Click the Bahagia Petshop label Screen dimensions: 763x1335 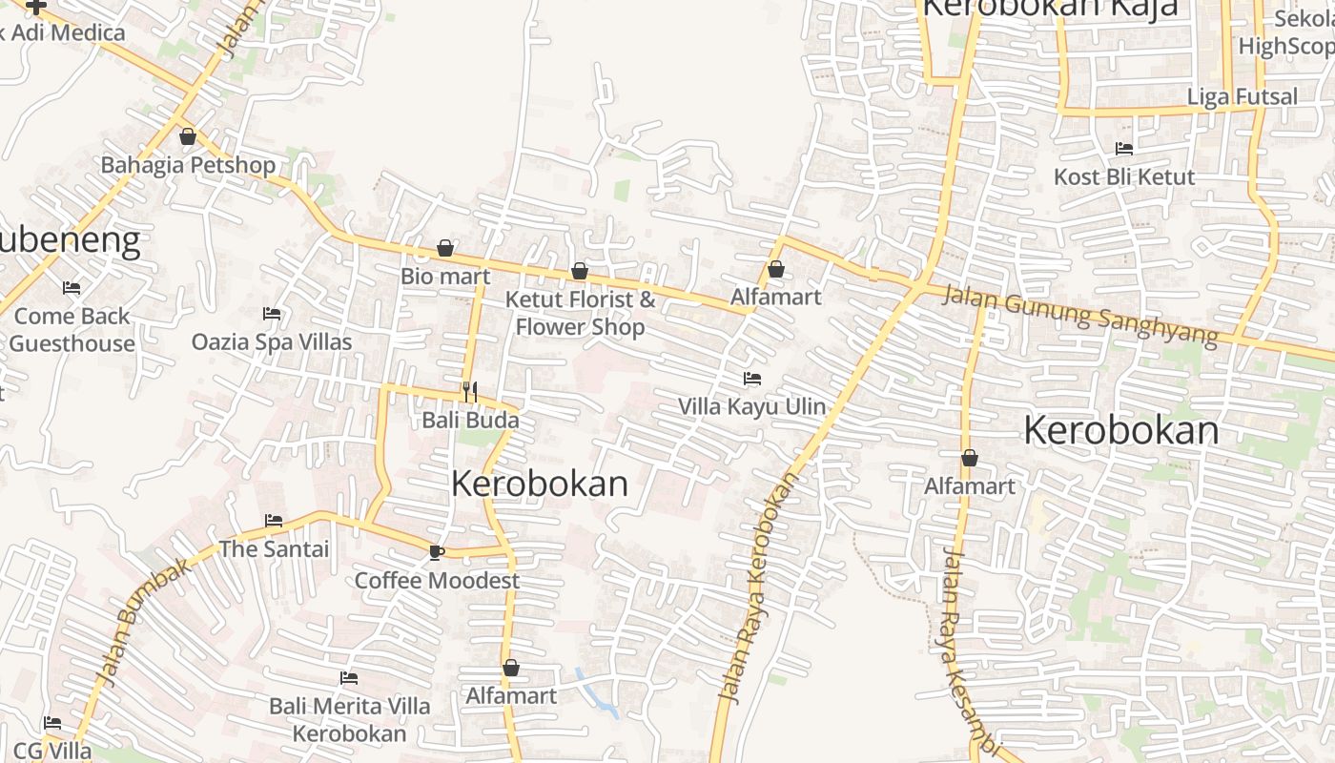(x=188, y=165)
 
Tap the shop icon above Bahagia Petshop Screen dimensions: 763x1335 (x=188, y=136)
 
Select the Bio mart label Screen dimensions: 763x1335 (x=445, y=277)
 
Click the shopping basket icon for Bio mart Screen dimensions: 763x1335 (x=445, y=249)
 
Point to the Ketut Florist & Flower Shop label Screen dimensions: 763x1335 (x=580, y=313)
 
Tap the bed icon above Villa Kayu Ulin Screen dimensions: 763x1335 (x=752, y=379)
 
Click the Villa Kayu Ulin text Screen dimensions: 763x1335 (x=751, y=406)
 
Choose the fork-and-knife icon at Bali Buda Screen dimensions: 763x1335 (x=470, y=391)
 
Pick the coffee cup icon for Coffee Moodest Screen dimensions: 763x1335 (x=437, y=552)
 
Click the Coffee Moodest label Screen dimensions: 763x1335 (x=437, y=580)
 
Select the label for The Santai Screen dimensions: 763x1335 (x=274, y=548)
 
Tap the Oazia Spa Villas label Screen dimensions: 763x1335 (x=272, y=341)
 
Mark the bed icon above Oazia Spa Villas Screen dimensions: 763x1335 (x=272, y=313)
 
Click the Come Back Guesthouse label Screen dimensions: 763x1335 (x=72, y=329)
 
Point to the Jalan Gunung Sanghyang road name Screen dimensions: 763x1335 (x=1079, y=314)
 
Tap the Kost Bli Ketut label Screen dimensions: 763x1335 (x=1124, y=177)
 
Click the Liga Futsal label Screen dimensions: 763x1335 (x=1242, y=96)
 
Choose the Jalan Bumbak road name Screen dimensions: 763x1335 (x=143, y=620)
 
